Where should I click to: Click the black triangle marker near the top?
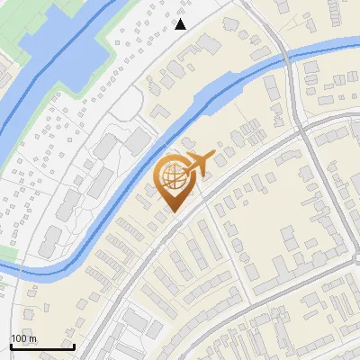coord(181,24)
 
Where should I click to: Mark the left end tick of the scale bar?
coord(11,345)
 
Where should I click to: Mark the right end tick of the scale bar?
coord(74,345)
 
